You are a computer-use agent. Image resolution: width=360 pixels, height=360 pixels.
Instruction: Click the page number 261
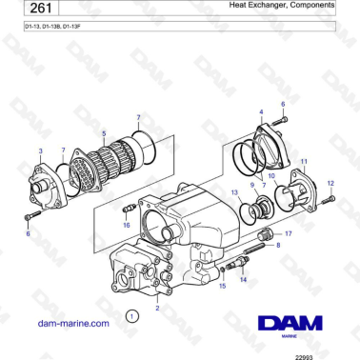pyautogui.click(x=34, y=9)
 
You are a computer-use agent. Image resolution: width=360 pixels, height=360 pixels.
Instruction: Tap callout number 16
pyautogui.click(x=126, y=226)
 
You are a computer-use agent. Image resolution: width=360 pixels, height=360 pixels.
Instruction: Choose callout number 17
pyautogui.click(x=290, y=232)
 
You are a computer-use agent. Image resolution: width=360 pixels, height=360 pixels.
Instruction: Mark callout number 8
pyautogui.click(x=278, y=246)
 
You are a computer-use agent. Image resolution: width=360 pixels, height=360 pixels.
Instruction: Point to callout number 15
pyautogui.click(x=222, y=285)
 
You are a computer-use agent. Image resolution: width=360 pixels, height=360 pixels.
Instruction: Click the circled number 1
pyautogui.click(x=132, y=313)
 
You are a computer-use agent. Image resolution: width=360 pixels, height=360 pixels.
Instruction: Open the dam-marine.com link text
pyautogui.click(x=73, y=324)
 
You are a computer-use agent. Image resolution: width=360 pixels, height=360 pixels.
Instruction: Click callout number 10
pyautogui.click(x=271, y=175)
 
